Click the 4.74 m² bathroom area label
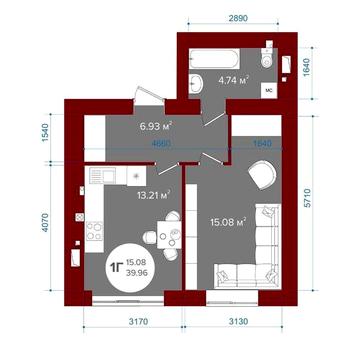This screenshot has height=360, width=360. point(234,80)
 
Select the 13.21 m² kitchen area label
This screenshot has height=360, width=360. point(154,194)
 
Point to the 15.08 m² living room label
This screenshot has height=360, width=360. point(228,221)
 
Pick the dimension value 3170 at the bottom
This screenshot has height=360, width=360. point(138,322)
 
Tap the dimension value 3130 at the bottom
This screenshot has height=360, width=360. point(238,322)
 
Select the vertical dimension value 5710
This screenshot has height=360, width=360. point(307,198)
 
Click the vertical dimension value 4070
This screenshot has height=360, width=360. point(46,224)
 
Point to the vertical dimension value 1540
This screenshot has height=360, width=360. point(45,132)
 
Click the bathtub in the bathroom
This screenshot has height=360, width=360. point(214,59)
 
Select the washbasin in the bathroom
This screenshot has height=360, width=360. point(195,83)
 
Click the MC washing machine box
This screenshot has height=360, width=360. point(268,91)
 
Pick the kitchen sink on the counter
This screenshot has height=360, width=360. point(103,175)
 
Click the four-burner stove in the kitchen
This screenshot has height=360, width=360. point(95,231)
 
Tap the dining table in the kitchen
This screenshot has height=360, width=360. point(169,235)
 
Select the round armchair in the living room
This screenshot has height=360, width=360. point(262,175)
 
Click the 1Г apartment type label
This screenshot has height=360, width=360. point(117,267)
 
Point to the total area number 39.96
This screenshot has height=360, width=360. point(138,272)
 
